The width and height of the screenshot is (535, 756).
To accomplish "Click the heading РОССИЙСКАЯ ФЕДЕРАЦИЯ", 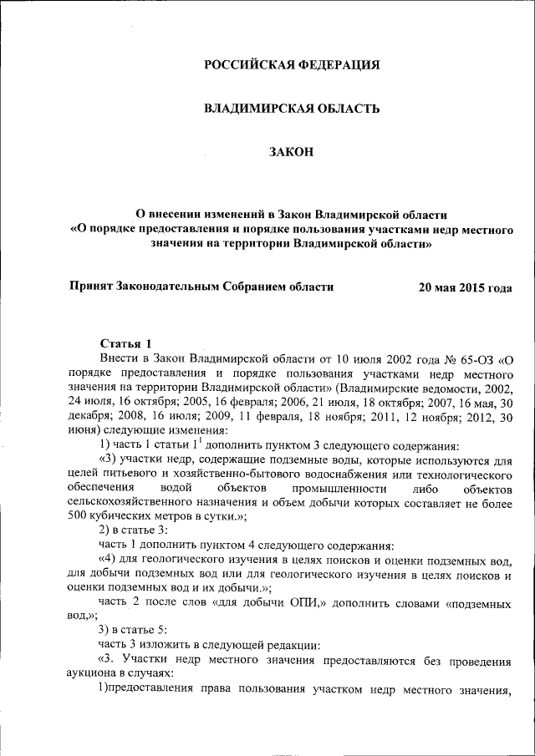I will [293, 65].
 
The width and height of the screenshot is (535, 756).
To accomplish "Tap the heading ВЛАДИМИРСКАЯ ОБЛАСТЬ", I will [293, 108].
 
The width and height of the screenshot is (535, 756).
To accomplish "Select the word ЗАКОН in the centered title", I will [292, 151].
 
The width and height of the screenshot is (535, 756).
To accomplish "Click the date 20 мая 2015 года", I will [465, 287].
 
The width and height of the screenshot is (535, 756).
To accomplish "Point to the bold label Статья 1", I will [125, 342].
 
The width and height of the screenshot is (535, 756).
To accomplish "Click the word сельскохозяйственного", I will [135, 501].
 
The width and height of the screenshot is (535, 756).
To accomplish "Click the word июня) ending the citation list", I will [84, 429].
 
